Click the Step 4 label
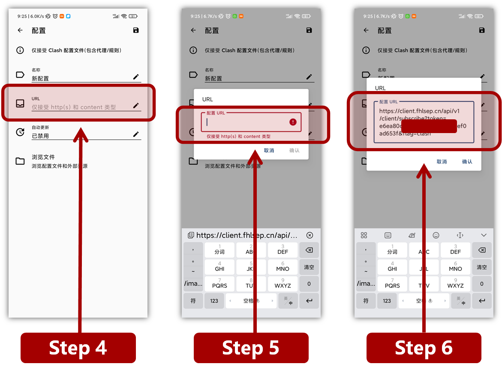pos(78,348)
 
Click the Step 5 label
pos(251,348)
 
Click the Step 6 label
pos(424,348)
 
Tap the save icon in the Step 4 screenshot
pos(136,30)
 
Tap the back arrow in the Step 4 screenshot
pos(20,30)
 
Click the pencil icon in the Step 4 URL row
pos(136,105)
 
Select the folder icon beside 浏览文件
pos(20,161)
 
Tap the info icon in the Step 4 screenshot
pos(20,50)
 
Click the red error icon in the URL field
pos(293,122)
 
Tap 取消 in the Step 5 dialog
pos(269,151)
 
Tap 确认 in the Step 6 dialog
pos(467,162)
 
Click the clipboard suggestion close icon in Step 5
pos(310,235)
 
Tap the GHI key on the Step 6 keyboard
pos(392,267)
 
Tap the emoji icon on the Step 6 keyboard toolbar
pos(436,235)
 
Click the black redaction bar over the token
pos(429,126)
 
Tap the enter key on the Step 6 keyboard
pos(482,301)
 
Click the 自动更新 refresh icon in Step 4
pos(20,132)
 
